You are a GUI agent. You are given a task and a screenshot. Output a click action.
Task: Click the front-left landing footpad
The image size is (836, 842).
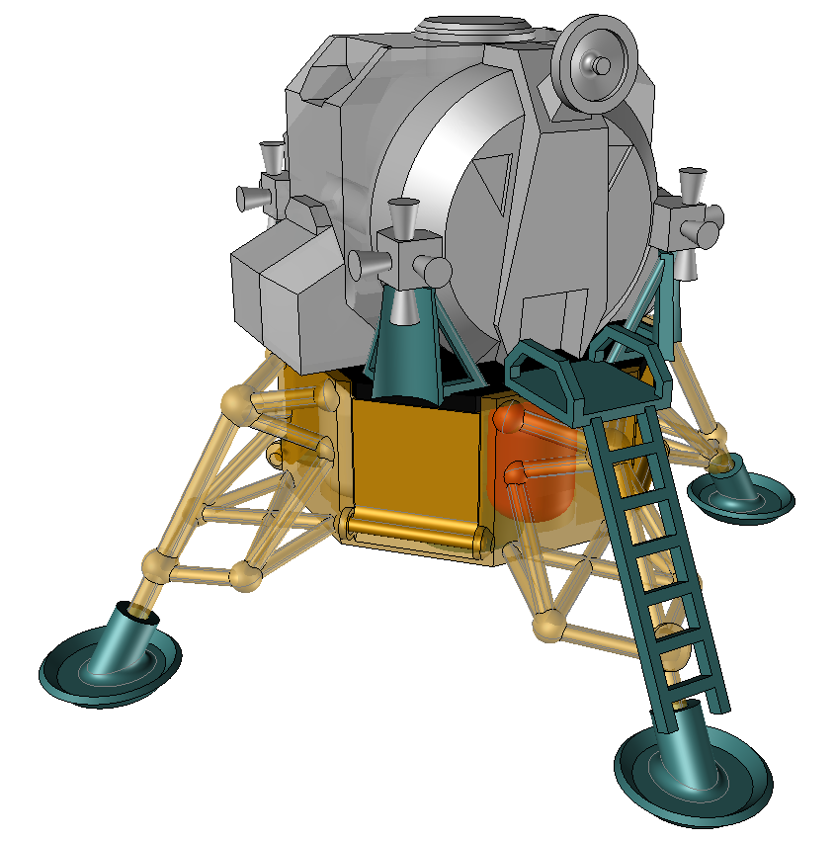pos(110,663)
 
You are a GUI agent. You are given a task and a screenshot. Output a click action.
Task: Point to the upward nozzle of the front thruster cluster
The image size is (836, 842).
pos(403,212)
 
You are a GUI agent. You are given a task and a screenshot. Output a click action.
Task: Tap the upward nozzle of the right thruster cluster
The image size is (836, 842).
pos(693,183)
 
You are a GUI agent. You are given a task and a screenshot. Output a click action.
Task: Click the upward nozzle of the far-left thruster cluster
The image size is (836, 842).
pos(270,155)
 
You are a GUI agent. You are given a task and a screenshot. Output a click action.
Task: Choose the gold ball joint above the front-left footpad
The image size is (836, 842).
pos(158,565)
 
